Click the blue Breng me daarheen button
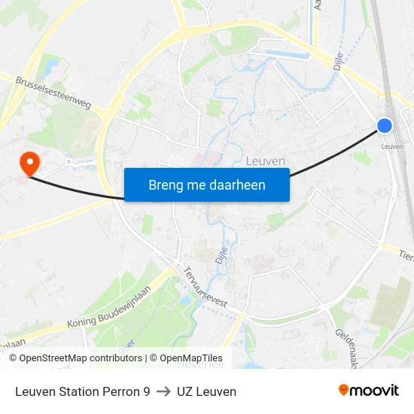(207, 184)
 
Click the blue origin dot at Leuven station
(385, 126)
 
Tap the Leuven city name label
(266, 161)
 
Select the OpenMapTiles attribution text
(191, 358)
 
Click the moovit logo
(369, 390)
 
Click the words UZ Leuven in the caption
(206, 391)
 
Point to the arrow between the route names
(163, 391)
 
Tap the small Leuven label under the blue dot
(392, 146)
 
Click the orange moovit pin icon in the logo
(344, 390)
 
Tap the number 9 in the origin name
(146, 391)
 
